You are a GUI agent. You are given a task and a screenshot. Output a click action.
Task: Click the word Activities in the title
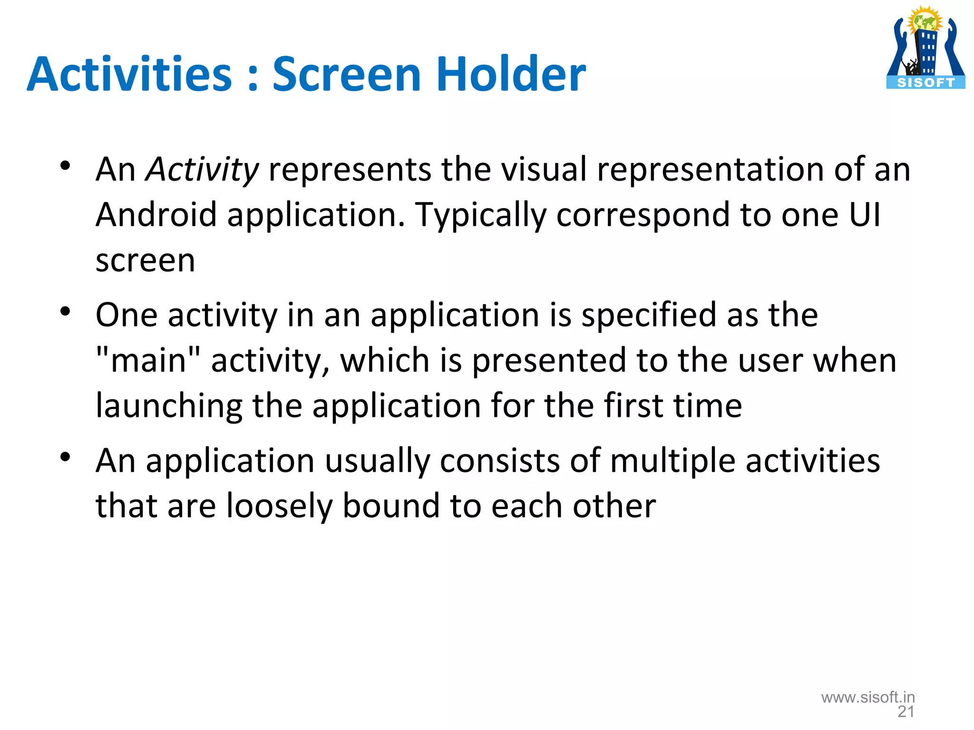(x=129, y=75)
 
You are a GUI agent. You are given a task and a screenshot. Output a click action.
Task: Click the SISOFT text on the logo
(x=925, y=83)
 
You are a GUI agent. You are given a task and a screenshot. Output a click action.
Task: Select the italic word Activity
(x=202, y=170)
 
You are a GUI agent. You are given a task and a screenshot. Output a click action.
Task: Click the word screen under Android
(x=145, y=260)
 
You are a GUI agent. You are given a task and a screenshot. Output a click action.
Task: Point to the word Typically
(x=480, y=215)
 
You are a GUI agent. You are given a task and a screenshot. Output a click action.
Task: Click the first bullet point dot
(x=65, y=166)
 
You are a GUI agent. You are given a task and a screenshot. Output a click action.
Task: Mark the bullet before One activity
(x=65, y=312)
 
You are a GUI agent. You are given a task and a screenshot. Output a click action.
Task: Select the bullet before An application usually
(x=65, y=457)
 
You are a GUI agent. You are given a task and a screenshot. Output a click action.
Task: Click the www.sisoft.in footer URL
(x=868, y=697)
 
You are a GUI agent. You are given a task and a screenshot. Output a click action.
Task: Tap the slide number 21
(x=906, y=711)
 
